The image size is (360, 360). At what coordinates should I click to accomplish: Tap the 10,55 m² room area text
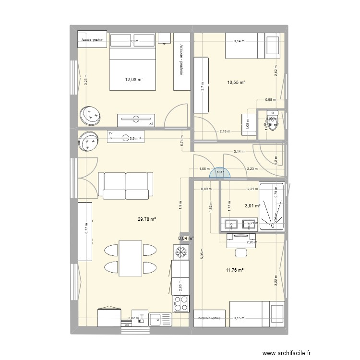click(236, 83)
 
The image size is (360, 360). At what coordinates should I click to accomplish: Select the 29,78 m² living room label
click(147, 219)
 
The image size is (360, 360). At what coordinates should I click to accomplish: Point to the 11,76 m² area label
click(235, 270)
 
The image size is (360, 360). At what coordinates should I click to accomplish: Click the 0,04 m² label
click(186, 238)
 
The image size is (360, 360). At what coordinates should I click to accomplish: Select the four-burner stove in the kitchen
click(181, 303)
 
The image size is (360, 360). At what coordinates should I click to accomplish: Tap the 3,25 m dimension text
click(86, 80)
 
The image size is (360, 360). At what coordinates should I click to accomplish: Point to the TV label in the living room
click(110, 133)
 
